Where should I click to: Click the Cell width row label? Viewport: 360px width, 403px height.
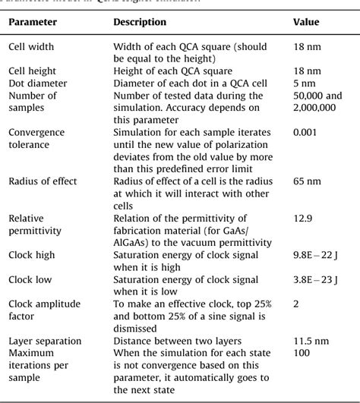point(33,46)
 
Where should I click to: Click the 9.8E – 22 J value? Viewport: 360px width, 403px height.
point(317,253)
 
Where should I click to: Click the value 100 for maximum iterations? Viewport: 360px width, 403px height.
point(302,352)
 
